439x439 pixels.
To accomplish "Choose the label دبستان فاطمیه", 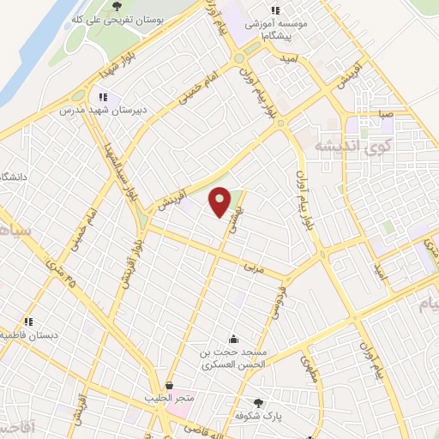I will tap(24, 334).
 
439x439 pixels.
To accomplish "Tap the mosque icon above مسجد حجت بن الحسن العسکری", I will tap(233, 340).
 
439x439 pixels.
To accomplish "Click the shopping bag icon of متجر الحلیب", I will tap(170, 386).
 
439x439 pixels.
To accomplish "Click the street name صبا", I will tap(364, 112).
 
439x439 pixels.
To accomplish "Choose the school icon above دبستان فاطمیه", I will tap(28, 322).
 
